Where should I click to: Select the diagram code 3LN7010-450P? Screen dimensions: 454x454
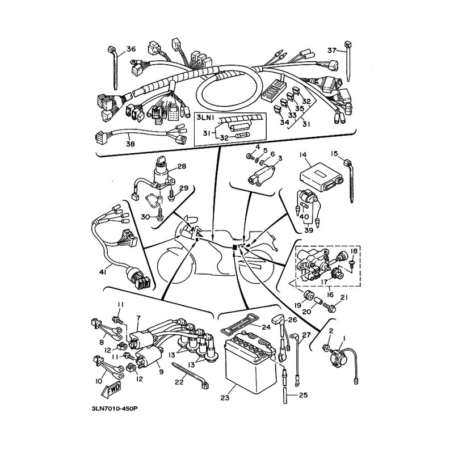click(x=115, y=409)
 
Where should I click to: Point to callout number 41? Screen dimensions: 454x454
click(x=103, y=272)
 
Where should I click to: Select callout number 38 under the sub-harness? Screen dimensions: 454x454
click(x=131, y=144)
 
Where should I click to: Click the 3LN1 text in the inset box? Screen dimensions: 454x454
click(x=204, y=117)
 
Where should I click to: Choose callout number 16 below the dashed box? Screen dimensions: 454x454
click(x=330, y=295)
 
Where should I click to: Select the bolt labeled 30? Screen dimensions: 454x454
click(x=160, y=216)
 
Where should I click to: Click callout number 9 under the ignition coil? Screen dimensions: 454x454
click(x=161, y=372)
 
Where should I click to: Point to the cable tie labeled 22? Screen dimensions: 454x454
click(x=191, y=375)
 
